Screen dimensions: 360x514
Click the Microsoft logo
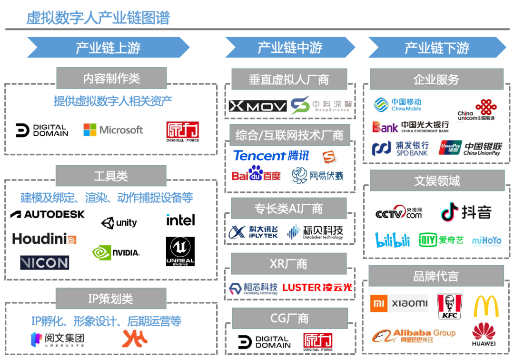[113, 130]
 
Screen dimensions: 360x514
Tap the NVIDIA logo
[116, 252]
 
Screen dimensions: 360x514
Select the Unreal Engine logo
[180, 251]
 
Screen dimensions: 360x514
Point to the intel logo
[180, 220]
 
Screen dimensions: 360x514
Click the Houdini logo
[44, 239]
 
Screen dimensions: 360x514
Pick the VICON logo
[44, 262]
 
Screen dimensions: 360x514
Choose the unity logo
[119, 222]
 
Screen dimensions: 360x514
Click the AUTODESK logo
[47, 214]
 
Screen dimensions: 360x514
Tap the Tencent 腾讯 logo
[271, 156]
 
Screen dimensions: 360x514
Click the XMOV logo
[257, 106]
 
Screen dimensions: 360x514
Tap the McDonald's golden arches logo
[486, 306]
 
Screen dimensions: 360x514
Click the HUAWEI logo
[484, 334]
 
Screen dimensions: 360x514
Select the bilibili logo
[393, 240]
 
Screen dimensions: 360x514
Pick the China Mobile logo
[397, 105]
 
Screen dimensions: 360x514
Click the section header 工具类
[111, 176]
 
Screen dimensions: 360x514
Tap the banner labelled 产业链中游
[290, 48]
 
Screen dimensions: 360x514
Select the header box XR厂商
[289, 264]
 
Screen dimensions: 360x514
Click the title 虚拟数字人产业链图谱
[98, 18]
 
